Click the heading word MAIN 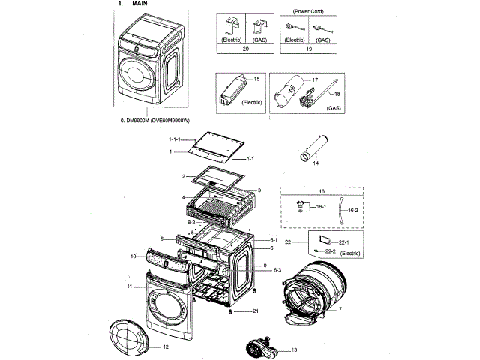click(x=139, y=4)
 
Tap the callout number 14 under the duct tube click(x=316, y=163)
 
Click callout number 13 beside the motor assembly click(x=293, y=350)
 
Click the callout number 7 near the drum click(x=340, y=310)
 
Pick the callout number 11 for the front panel click(x=129, y=286)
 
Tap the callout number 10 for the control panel click(x=133, y=256)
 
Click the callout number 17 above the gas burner click(x=315, y=79)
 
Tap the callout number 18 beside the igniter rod click(x=337, y=93)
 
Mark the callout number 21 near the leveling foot click(x=256, y=310)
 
